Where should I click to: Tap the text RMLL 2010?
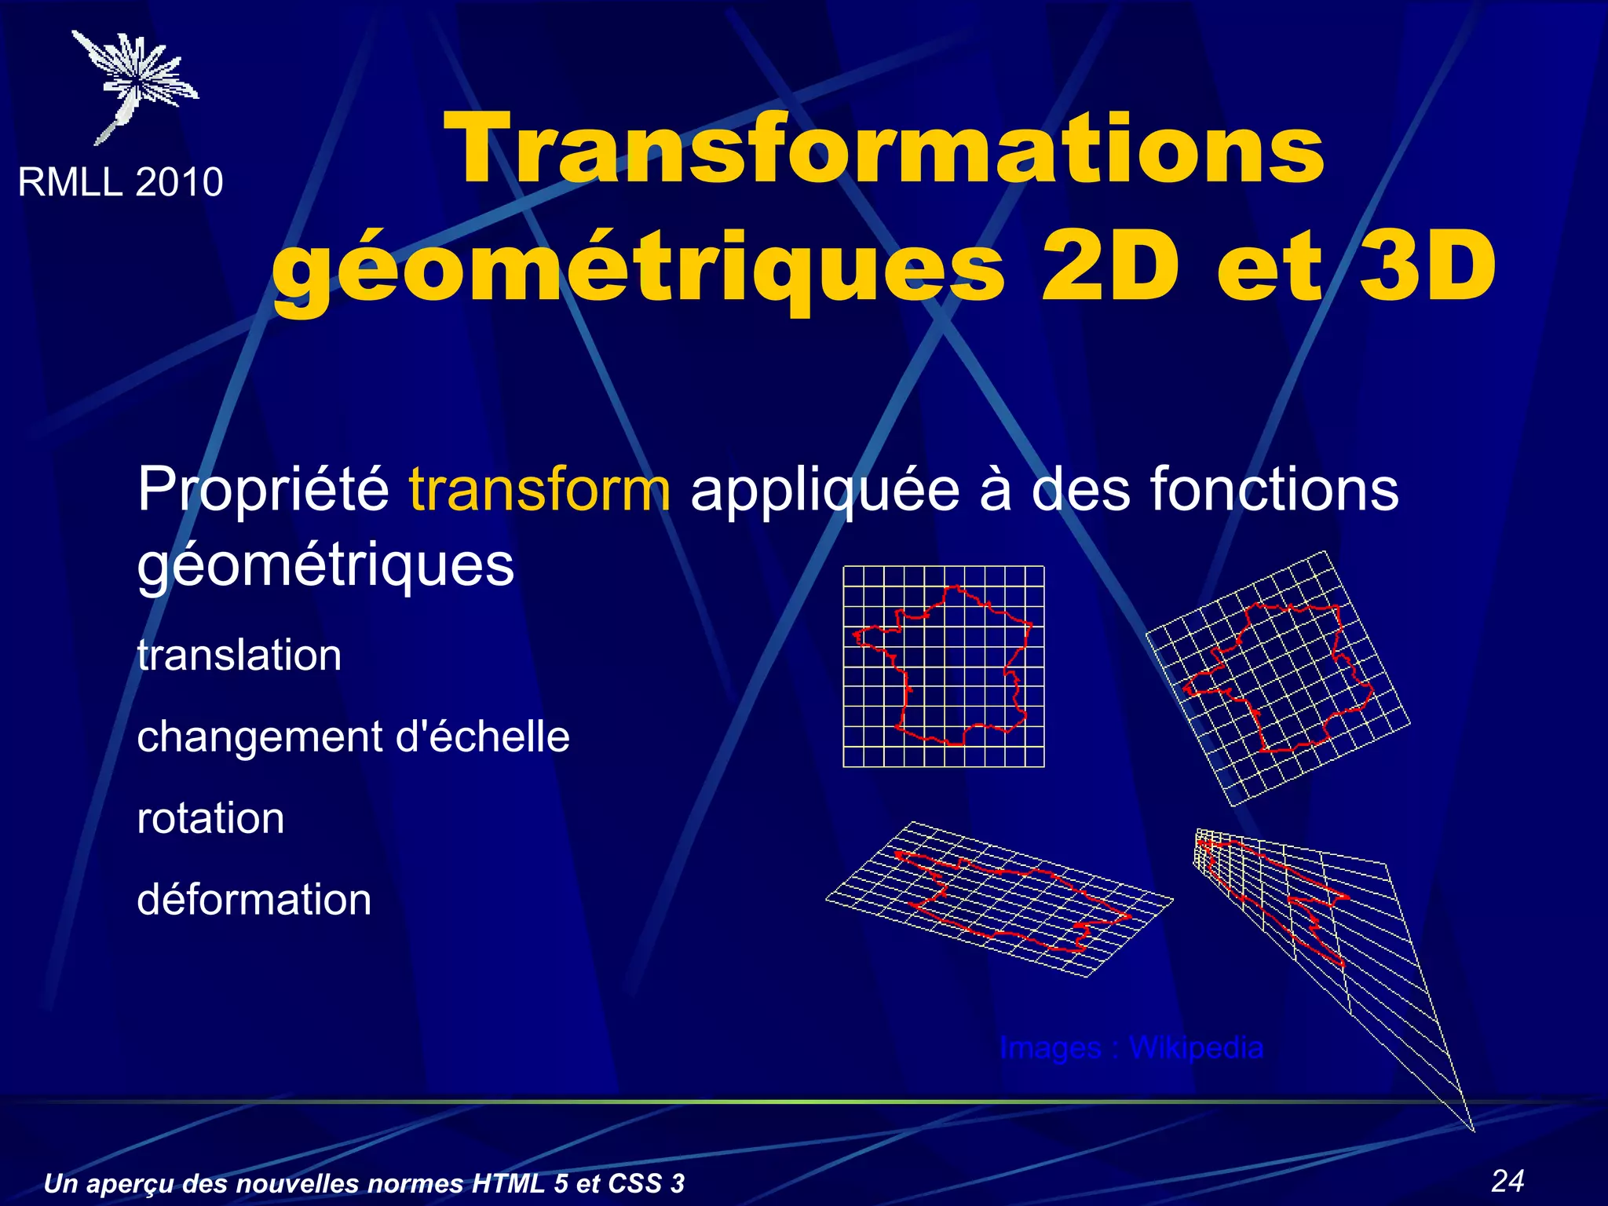[120, 182]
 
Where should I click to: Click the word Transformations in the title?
[883, 149]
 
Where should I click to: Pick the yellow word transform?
[539, 489]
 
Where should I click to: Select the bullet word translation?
[239, 655]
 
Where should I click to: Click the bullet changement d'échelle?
[353, 736]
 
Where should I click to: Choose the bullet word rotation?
[210, 818]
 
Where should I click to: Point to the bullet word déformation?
[254, 900]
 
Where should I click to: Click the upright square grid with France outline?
[943, 666]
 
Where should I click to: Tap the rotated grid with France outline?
[1277, 678]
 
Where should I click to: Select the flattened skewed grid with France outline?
[1000, 899]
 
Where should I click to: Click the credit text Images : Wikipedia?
[1131, 1048]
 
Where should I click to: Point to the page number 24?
[1507, 1181]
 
